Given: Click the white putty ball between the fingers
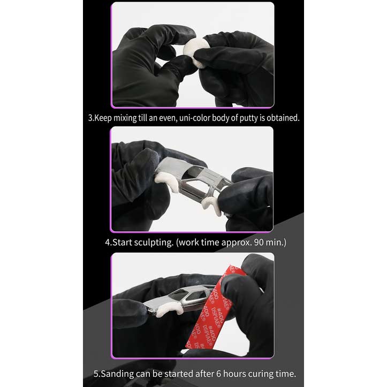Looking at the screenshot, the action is [x=195, y=52].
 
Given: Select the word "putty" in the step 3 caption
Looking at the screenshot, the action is [x=248, y=118].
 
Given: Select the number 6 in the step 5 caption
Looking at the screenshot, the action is [x=218, y=374].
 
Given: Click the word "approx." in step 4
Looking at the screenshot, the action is [x=237, y=242].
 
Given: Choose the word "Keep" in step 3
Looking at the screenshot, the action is [x=103, y=118].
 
